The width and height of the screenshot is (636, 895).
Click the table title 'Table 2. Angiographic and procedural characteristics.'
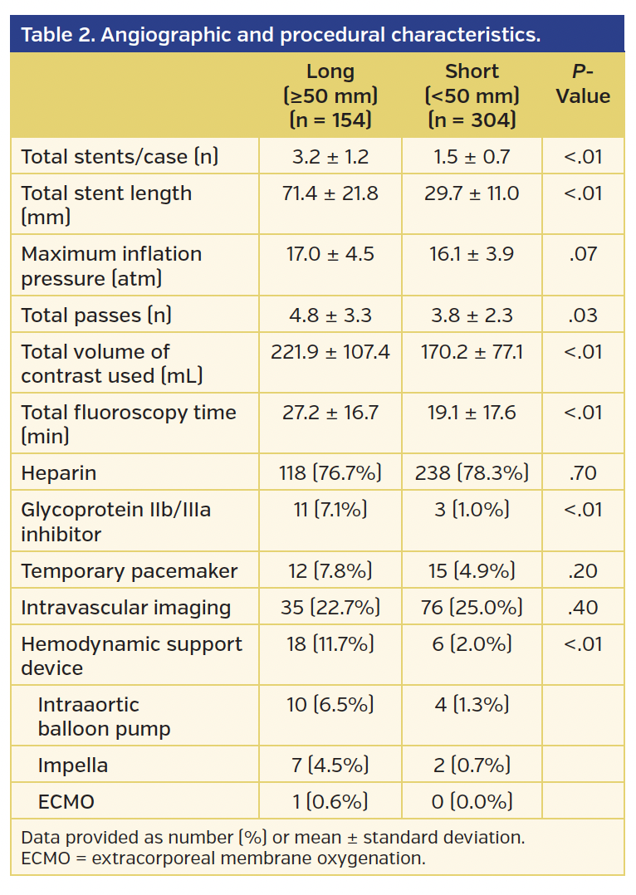(x=280, y=35)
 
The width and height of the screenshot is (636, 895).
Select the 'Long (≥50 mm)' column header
(x=330, y=95)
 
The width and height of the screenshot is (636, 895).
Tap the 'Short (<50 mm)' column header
(x=472, y=95)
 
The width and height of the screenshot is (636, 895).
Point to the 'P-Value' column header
(x=583, y=84)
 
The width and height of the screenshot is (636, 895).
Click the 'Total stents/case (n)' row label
(x=120, y=156)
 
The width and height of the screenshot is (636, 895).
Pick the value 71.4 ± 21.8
(x=330, y=193)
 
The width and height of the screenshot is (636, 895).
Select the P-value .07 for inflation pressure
(x=583, y=254)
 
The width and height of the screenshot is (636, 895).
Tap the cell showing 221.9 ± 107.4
(x=330, y=352)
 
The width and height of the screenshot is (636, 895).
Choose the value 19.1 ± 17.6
(x=472, y=413)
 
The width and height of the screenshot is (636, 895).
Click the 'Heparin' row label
(x=58, y=473)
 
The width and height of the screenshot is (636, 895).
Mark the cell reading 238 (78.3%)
(x=472, y=473)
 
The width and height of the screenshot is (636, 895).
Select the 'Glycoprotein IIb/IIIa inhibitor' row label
(x=115, y=521)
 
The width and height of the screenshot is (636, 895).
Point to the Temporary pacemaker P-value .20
(x=583, y=571)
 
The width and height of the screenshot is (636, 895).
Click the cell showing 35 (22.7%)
(x=330, y=608)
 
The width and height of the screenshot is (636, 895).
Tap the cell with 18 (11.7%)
(x=330, y=644)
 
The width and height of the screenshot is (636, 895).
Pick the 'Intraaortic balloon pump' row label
(x=104, y=716)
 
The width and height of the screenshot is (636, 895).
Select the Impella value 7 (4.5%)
(x=330, y=765)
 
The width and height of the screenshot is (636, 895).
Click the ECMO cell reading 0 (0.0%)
(x=472, y=801)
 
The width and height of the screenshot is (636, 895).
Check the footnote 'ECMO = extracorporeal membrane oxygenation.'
(x=223, y=858)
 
